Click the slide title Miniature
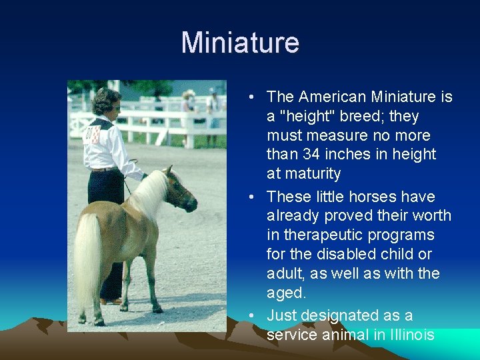(x=240, y=43)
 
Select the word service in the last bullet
(x=290, y=335)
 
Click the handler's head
(x=106, y=101)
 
